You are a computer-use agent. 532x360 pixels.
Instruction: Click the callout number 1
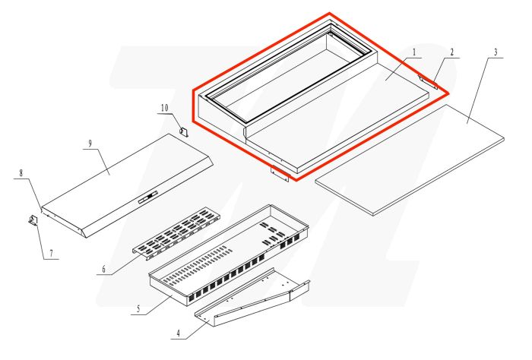click(413, 52)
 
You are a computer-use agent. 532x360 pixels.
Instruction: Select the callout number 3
click(495, 52)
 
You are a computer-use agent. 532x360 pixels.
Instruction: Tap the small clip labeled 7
click(33, 220)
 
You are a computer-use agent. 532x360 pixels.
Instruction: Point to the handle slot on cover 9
click(147, 198)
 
